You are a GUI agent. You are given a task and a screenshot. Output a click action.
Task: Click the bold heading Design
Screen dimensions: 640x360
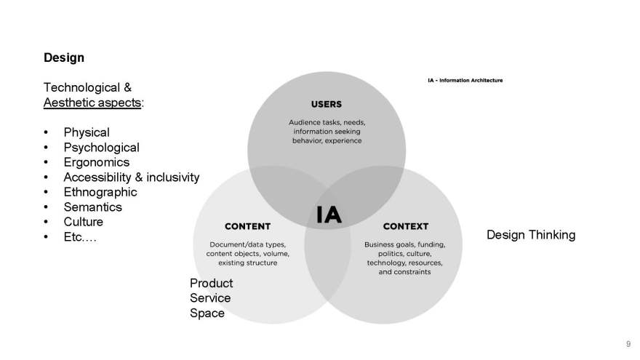tap(64, 57)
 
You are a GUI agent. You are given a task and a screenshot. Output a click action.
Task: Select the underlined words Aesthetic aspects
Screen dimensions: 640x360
tap(92, 103)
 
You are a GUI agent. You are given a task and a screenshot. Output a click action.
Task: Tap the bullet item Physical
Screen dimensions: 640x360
tap(87, 132)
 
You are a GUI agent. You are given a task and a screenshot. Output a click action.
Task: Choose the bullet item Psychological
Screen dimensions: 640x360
tap(101, 148)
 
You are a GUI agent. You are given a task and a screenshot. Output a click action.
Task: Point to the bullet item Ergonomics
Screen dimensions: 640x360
tap(96, 162)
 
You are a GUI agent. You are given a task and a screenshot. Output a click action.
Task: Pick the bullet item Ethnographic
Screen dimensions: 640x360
tap(100, 192)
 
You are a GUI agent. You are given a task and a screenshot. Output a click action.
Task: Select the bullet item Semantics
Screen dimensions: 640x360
tap(92, 207)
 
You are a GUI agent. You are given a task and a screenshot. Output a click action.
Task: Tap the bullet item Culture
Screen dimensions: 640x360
tap(83, 222)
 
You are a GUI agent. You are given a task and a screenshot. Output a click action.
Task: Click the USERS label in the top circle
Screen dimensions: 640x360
tap(326, 105)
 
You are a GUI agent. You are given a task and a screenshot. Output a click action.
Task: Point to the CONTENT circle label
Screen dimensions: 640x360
tap(247, 226)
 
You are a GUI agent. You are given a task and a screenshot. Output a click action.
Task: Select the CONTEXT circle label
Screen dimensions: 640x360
tap(406, 226)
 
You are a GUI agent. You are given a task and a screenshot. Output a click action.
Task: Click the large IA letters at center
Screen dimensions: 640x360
tap(329, 215)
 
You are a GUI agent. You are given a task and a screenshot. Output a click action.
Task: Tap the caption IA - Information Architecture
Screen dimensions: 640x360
tap(465, 81)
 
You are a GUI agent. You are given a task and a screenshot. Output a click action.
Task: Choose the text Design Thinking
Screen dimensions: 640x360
tap(531, 235)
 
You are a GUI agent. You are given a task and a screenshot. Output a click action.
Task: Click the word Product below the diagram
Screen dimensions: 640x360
tap(211, 283)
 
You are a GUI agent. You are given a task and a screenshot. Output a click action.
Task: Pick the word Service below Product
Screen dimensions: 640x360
tap(210, 298)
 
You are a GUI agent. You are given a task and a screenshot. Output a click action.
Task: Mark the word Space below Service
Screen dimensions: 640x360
tap(207, 313)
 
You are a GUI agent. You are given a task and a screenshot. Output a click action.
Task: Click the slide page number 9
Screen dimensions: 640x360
tap(628, 344)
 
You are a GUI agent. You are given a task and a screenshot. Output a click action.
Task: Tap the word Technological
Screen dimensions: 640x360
tap(81, 87)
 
